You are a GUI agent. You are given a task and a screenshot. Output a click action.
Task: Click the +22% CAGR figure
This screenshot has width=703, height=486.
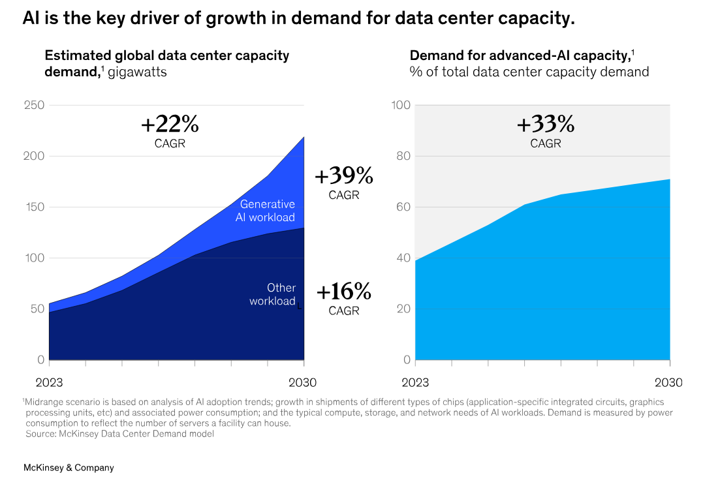click(170, 124)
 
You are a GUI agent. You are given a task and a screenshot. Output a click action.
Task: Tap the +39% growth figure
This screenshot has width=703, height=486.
click(344, 175)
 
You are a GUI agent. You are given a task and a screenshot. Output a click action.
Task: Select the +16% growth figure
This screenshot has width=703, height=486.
click(344, 291)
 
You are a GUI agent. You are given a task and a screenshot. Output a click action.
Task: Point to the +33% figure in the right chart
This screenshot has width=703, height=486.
click(546, 124)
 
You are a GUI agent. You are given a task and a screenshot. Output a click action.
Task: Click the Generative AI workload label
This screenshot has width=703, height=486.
click(266, 211)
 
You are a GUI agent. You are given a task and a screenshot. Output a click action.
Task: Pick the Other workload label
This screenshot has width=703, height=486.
click(273, 294)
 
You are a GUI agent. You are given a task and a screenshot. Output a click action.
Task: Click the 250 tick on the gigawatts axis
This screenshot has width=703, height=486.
click(34, 105)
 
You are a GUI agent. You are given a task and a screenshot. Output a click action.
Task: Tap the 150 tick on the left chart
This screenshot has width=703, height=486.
click(34, 207)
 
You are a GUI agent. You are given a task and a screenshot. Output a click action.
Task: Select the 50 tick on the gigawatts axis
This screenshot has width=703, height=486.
click(38, 309)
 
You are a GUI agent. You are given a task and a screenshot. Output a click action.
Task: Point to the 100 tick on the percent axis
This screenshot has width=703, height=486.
click(401, 105)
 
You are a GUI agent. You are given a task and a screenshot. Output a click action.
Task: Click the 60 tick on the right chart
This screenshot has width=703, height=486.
click(403, 207)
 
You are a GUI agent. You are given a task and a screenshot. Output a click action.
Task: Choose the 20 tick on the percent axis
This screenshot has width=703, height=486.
click(403, 309)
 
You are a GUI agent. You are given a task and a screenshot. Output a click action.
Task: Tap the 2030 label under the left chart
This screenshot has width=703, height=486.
click(303, 382)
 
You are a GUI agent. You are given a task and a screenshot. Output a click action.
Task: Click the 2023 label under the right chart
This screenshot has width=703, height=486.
click(415, 382)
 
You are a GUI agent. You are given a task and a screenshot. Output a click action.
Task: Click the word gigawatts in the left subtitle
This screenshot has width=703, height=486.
click(137, 72)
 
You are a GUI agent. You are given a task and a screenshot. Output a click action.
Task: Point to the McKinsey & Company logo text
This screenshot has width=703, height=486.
click(69, 468)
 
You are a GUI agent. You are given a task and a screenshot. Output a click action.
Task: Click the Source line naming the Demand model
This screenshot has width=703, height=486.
click(119, 434)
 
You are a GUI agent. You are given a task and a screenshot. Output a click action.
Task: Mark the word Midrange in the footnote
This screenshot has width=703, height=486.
click(44, 402)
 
